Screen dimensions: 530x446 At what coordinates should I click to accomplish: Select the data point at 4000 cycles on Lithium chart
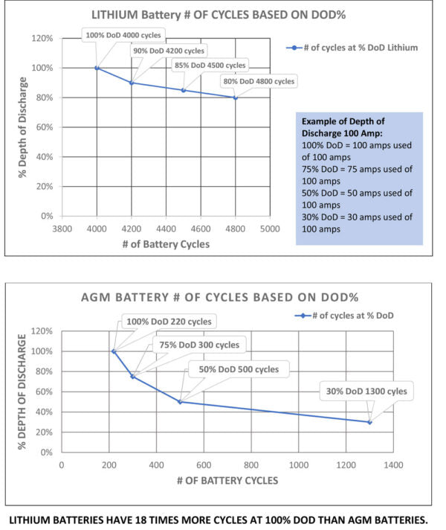(97, 68)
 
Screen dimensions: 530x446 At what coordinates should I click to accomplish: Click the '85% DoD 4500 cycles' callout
(210, 66)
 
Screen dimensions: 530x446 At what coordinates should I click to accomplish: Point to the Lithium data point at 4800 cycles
(236, 98)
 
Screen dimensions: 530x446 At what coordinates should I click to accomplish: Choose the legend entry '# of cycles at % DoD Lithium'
(355, 47)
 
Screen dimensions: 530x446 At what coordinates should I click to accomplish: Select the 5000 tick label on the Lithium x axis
(270, 229)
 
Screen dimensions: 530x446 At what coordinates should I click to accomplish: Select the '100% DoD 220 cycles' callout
(169, 322)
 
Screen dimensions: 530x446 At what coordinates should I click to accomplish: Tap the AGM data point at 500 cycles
(180, 402)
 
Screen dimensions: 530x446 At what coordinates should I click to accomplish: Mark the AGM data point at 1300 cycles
(369, 422)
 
